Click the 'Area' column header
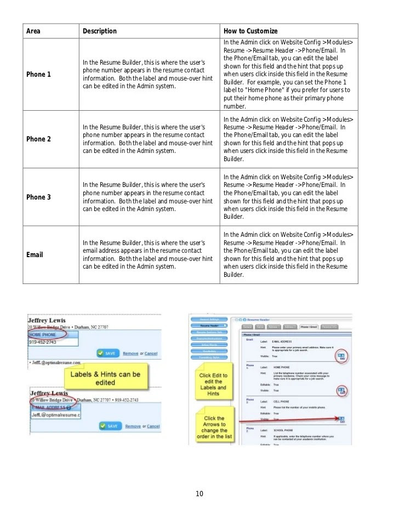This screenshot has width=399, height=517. [x=33, y=31]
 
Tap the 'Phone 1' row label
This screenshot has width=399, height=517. [x=39, y=75]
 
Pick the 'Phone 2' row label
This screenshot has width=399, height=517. [x=39, y=139]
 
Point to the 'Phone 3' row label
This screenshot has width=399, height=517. [x=39, y=197]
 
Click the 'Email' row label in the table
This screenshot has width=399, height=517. [x=35, y=255]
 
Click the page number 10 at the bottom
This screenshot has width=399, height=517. [x=200, y=494]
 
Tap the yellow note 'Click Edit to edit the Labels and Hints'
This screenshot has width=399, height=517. [x=213, y=384]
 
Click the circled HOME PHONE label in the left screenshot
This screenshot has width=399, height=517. [x=42, y=334]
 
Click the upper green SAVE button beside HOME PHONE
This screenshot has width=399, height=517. [x=107, y=353]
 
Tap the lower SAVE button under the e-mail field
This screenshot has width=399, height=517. [x=109, y=426]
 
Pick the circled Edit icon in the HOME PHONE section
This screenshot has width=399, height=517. [x=341, y=391]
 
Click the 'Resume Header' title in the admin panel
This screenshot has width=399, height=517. [x=261, y=319]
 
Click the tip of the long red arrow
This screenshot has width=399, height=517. [x=340, y=418]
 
